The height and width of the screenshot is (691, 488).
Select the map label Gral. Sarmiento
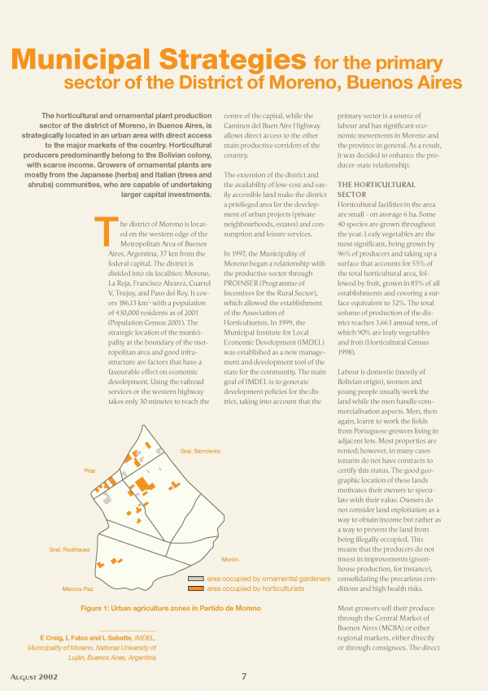(200, 451)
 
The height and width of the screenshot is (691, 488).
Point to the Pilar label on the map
(90, 470)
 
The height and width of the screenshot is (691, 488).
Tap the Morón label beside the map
(229, 560)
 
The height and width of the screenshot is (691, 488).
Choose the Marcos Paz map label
(78, 588)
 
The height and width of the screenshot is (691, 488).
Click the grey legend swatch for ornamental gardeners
(195, 578)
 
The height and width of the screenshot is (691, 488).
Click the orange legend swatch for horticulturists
(195, 588)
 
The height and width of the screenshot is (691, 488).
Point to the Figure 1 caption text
(171, 608)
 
